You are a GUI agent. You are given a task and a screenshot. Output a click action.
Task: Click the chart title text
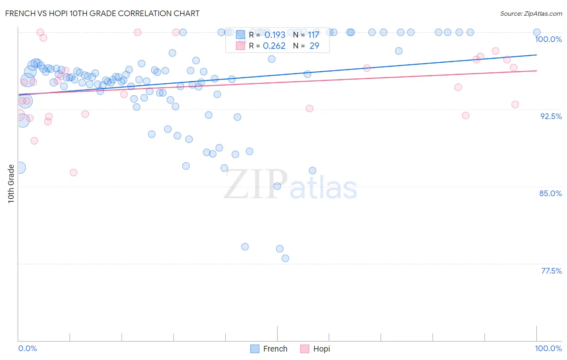click(x=102, y=13)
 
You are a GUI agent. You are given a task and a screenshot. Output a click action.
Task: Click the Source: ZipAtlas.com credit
click(x=531, y=13)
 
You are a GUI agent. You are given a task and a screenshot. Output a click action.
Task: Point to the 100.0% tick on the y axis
click(x=548, y=39)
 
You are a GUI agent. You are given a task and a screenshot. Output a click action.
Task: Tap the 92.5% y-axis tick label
click(x=551, y=116)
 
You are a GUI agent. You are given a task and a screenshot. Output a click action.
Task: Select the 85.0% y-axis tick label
click(x=550, y=193)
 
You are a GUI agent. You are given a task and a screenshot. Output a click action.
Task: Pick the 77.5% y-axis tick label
click(x=551, y=271)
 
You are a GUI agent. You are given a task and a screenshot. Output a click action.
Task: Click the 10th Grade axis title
click(x=11, y=184)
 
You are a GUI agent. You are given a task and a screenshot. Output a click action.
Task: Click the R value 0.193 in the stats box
click(x=275, y=35)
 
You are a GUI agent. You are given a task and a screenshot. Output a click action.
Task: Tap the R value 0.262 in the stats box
click(x=274, y=46)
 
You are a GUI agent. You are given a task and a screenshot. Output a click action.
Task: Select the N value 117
click(x=314, y=35)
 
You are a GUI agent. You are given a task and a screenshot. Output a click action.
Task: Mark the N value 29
click(x=314, y=46)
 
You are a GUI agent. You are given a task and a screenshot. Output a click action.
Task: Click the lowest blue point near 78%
click(x=285, y=258)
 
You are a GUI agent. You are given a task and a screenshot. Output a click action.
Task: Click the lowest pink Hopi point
click(x=73, y=172)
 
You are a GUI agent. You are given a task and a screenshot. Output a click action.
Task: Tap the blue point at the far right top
click(x=537, y=32)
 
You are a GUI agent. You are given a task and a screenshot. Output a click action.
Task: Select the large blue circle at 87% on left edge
click(x=19, y=167)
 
